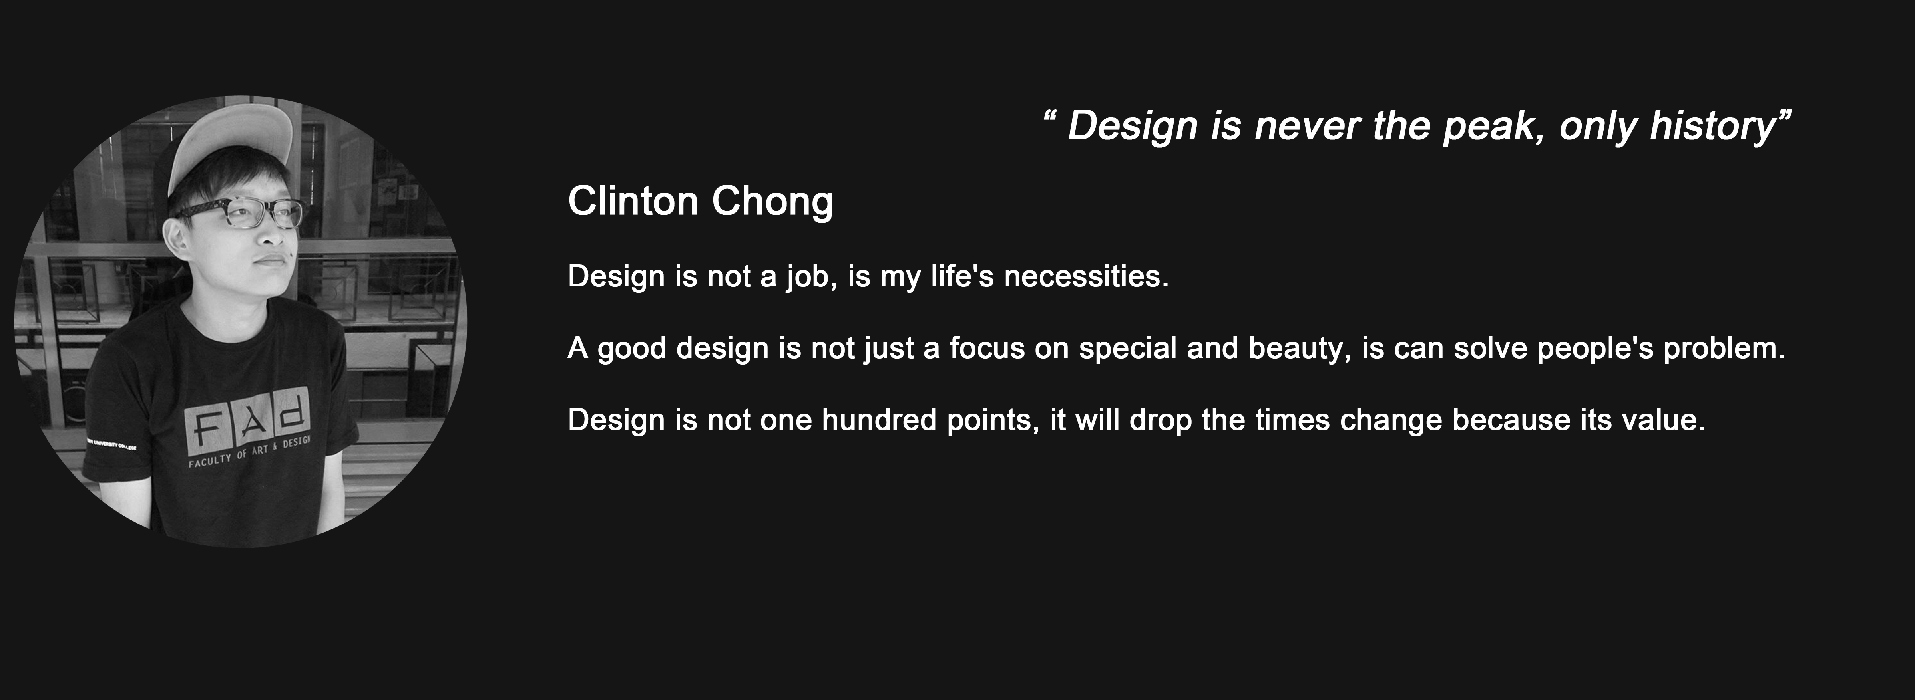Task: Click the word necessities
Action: click(1087, 276)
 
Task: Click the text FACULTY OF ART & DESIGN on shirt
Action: click(249, 452)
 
